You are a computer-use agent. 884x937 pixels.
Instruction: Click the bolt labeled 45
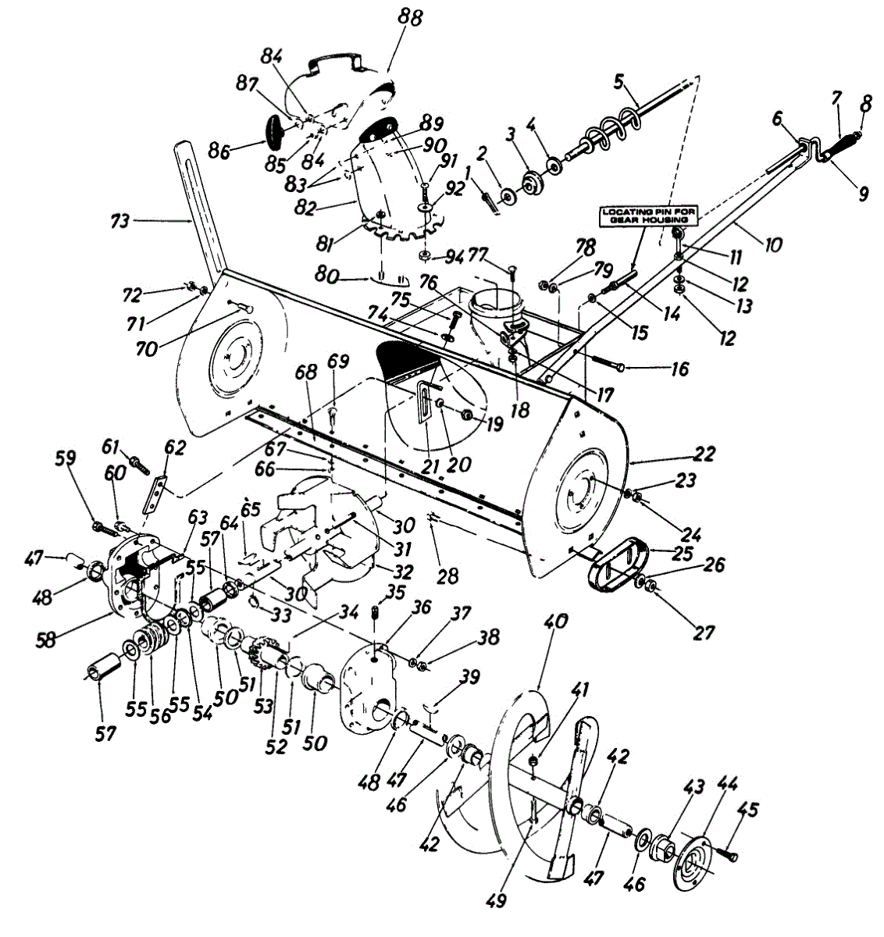pyautogui.click(x=728, y=856)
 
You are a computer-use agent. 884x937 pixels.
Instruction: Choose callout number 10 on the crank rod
pyautogui.click(x=773, y=244)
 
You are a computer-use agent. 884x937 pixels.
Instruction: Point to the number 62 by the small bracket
pyautogui.click(x=175, y=447)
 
